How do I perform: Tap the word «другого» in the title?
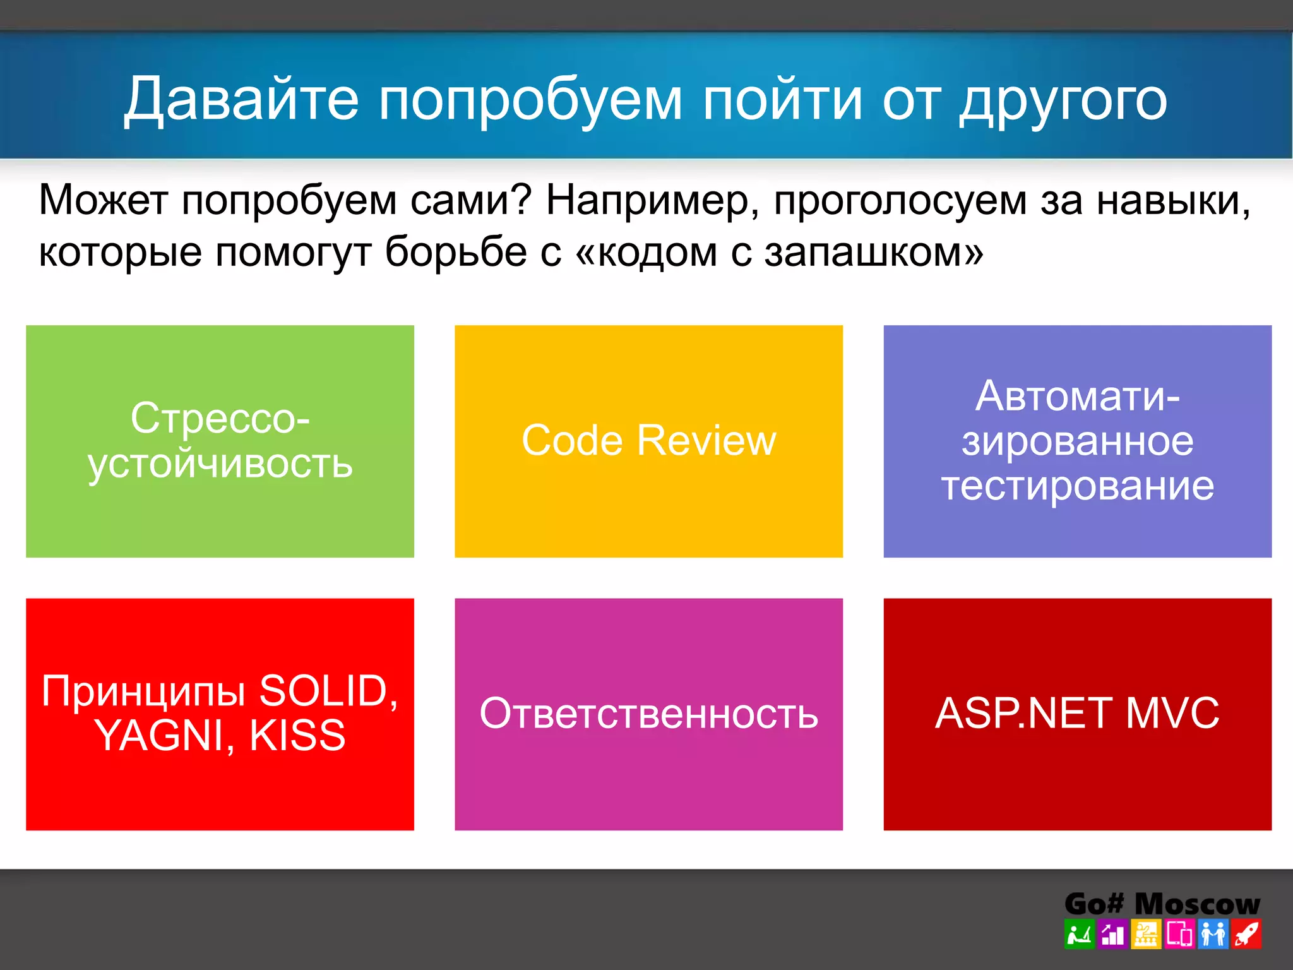click(1063, 101)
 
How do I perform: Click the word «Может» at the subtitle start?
click(102, 201)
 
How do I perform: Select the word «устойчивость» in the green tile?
click(220, 465)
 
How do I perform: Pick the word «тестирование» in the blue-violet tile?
click(1077, 486)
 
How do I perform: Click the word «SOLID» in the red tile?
click(323, 691)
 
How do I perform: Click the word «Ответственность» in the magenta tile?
click(648, 714)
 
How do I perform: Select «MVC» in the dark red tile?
click(1172, 714)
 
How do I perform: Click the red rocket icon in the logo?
click(1246, 934)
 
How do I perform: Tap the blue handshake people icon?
click(1213, 934)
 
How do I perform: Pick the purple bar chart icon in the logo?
click(1112, 934)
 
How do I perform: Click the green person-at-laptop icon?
click(1079, 934)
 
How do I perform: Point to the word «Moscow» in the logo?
click(1197, 904)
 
